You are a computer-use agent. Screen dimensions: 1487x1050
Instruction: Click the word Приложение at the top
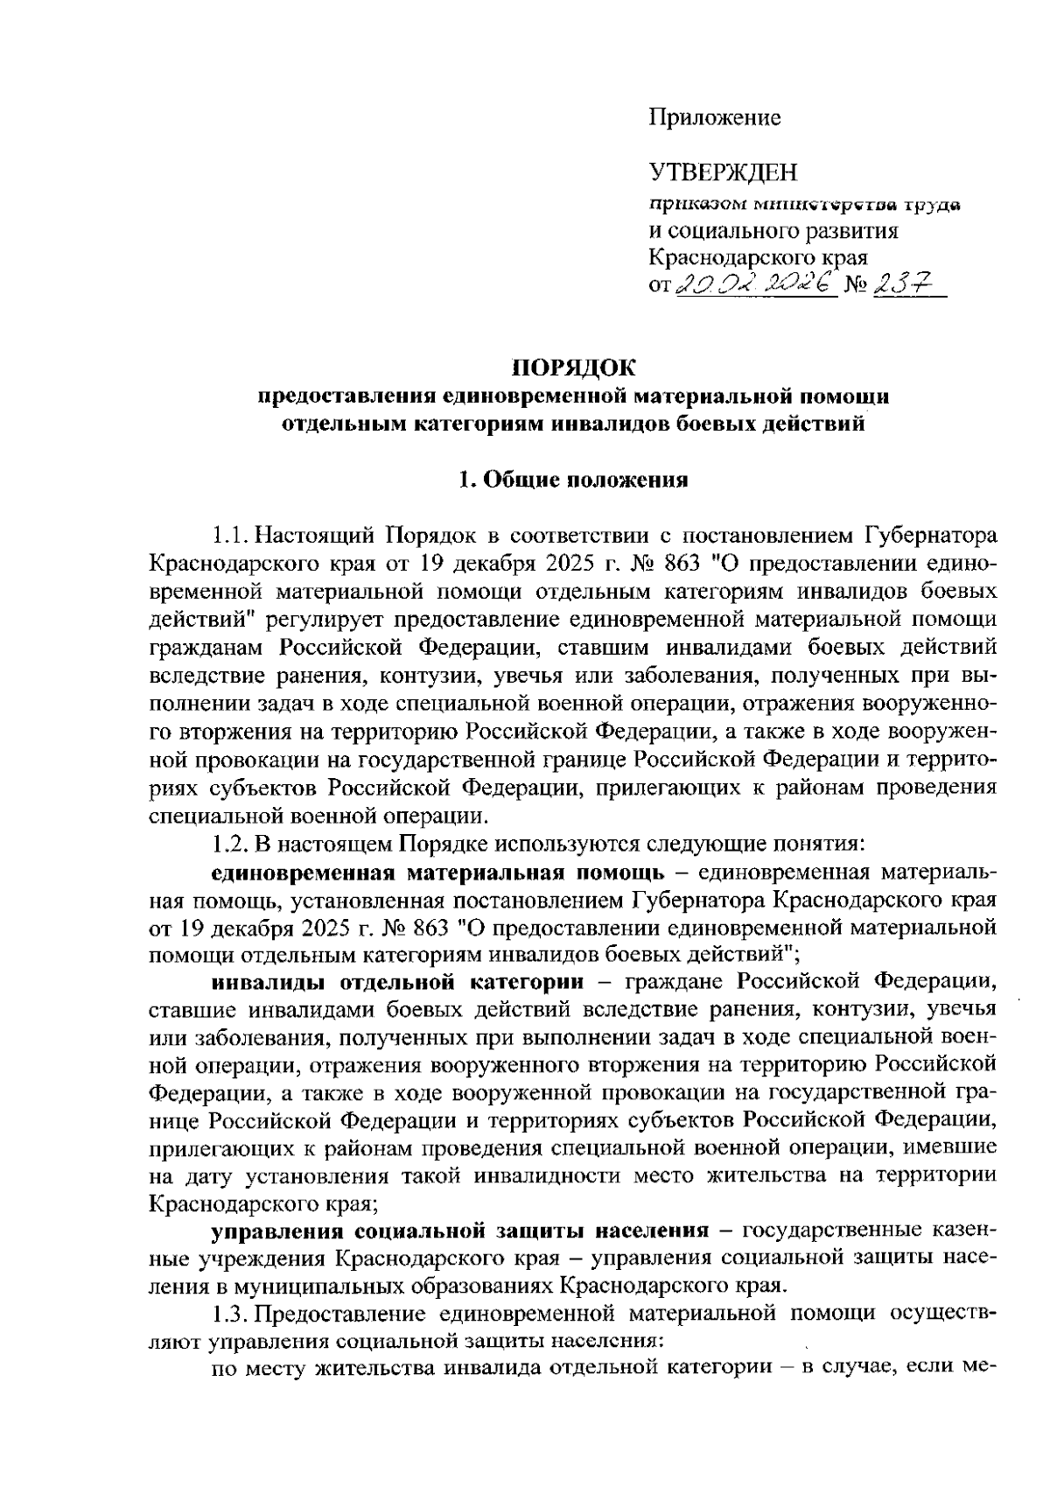(x=714, y=116)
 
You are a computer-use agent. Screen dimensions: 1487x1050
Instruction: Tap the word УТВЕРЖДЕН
(x=723, y=173)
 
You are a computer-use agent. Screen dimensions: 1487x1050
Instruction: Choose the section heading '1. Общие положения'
(x=574, y=479)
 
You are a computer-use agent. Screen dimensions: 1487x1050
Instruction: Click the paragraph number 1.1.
(x=230, y=533)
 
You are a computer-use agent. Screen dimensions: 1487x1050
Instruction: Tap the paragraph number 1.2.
(x=230, y=845)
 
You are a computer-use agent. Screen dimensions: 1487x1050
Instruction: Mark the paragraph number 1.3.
(x=230, y=1313)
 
